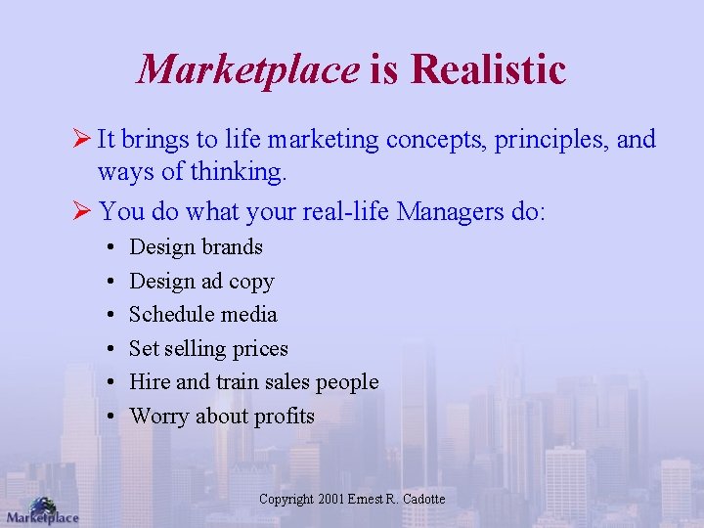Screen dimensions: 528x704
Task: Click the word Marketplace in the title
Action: pos(248,69)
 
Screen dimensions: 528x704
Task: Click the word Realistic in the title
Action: pos(489,69)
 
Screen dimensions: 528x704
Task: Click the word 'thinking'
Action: pos(239,173)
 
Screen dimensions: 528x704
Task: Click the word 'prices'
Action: pos(257,349)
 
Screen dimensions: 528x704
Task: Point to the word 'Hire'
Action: pos(150,381)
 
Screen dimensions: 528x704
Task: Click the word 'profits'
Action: pos(284,416)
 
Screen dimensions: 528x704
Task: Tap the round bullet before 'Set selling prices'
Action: pos(113,349)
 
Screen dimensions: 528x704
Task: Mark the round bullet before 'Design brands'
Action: pos(113,247)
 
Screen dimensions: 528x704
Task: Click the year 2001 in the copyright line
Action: pos(331,499)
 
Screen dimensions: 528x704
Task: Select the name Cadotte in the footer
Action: pos(421,499)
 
